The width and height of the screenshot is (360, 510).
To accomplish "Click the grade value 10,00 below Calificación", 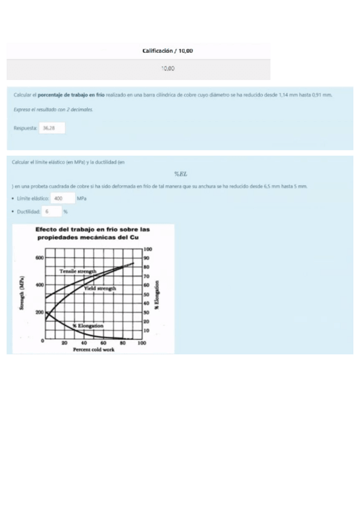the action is pos(168,69).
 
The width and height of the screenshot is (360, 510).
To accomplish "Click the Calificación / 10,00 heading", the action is pos(168,51).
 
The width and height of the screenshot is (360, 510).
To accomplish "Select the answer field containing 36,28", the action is pos(52,128).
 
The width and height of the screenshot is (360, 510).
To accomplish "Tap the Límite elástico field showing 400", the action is pos(62,198).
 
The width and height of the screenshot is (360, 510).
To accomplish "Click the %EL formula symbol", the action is pos(181,174).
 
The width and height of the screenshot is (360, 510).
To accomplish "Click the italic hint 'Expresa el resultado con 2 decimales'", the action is pos(53,109).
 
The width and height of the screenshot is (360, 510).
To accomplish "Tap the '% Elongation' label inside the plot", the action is pos(88,325).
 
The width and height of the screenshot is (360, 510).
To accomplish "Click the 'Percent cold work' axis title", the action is pos(93,349).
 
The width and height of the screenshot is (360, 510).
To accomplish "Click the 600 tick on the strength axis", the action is pos(40,257).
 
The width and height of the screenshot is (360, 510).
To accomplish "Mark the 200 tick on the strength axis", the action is pos(40,313).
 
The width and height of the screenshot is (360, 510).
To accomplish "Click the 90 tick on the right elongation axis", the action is pos(147,257).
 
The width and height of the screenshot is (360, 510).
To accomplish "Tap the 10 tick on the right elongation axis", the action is pos(147,331).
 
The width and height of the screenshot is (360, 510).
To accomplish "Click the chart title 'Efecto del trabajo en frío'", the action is pos(92,229).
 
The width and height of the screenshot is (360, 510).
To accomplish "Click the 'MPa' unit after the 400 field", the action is pos(82,198).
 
